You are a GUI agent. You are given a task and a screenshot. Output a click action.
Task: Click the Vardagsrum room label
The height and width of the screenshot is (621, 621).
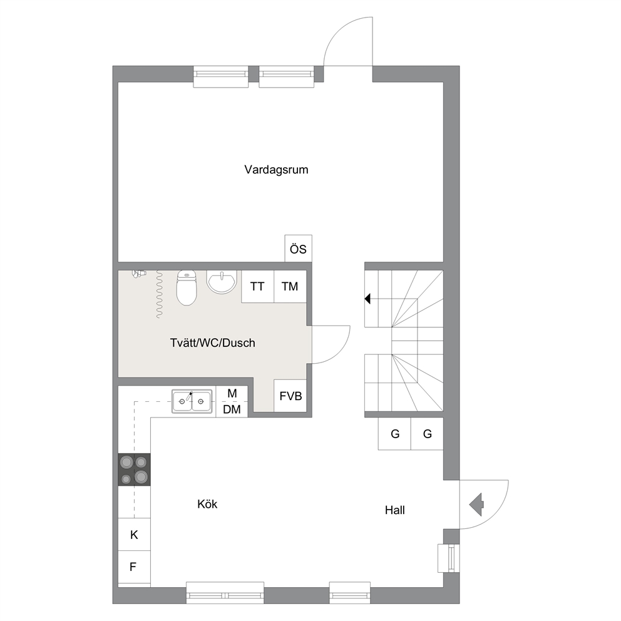276,170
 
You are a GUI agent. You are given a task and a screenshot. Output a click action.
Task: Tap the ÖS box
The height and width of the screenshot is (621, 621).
298,249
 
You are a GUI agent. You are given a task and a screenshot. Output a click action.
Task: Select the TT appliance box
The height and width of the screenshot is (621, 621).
257,286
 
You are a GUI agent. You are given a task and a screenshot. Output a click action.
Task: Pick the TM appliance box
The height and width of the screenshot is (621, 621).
290,286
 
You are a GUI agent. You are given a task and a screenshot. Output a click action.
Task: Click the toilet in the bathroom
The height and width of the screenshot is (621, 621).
187,288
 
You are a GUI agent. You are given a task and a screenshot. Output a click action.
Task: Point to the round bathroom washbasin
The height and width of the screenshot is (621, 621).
222,282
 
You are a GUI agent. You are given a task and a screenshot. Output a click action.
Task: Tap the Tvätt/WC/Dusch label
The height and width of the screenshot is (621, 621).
213,342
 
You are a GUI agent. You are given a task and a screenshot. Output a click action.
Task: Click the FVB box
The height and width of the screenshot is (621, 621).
290,396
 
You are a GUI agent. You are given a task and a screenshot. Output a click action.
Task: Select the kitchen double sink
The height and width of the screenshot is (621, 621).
192,401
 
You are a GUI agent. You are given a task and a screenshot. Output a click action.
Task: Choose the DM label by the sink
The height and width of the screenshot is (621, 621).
232,409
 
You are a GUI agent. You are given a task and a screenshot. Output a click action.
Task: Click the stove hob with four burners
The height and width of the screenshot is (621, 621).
134,470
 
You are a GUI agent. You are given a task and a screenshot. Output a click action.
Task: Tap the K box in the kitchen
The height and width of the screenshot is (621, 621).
134,534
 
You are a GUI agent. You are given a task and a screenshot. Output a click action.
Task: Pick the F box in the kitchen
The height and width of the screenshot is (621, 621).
134,567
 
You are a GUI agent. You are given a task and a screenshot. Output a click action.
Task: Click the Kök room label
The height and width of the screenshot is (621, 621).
207,504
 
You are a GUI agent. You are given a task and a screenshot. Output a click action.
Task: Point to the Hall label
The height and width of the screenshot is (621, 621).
395,510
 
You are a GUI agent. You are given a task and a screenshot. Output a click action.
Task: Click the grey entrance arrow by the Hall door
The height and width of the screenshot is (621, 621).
476,505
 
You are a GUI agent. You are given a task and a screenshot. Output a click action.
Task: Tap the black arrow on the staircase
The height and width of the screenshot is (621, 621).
367,298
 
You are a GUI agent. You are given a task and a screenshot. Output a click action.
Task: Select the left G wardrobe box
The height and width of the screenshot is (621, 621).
395,434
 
